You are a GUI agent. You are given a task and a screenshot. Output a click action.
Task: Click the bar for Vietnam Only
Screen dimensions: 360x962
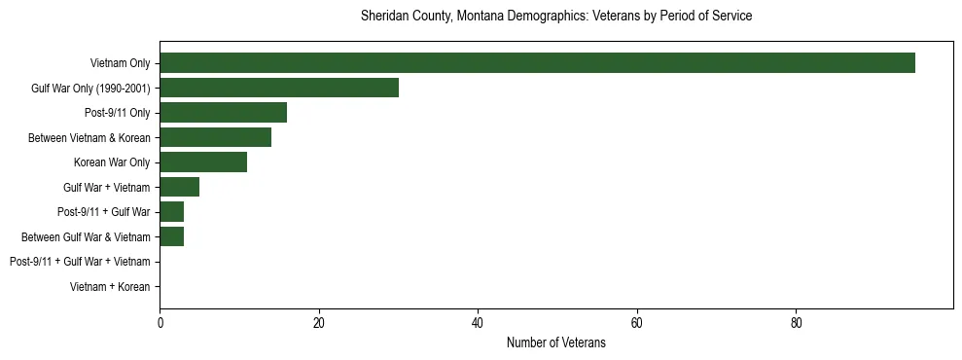point(537,63)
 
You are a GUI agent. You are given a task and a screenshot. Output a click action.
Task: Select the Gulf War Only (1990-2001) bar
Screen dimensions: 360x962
point(279,89)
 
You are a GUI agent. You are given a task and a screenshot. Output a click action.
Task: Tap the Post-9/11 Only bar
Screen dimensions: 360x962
point(223,113)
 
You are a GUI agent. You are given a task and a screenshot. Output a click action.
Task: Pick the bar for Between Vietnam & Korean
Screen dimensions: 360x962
point(215,138)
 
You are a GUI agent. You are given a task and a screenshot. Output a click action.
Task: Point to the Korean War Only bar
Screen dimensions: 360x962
point(203,162)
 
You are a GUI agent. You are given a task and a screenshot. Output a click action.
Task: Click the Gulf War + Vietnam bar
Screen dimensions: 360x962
point(180,187)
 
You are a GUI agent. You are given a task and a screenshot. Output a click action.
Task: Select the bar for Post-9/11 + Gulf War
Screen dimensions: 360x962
point(172,212)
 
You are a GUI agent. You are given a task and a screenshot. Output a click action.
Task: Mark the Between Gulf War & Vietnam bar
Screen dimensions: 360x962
point(172,236)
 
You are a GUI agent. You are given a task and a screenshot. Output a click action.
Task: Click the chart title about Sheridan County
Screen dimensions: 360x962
point(555,17)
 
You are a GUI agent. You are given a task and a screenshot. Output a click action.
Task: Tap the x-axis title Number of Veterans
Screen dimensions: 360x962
point(555,342)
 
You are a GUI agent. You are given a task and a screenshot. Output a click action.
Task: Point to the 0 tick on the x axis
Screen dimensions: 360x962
point(160,323)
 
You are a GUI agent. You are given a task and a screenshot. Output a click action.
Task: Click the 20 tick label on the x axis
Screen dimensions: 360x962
point(319,323)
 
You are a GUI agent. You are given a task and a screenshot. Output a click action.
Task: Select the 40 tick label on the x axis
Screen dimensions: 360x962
point(478,323)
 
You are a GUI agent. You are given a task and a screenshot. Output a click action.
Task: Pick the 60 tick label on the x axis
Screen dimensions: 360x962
point(637,323)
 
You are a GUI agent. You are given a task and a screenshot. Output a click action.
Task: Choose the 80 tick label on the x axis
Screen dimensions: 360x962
point(796,323)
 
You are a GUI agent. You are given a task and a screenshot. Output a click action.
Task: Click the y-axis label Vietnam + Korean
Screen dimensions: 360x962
point(110,287)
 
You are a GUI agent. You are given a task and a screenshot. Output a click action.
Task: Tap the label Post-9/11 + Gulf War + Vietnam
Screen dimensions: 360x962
point(80,262)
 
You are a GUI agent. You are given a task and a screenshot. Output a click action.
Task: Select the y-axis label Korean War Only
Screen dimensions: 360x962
point(112,162)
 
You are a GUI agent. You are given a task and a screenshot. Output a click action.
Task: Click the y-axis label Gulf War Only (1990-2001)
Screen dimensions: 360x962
point(90,89)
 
